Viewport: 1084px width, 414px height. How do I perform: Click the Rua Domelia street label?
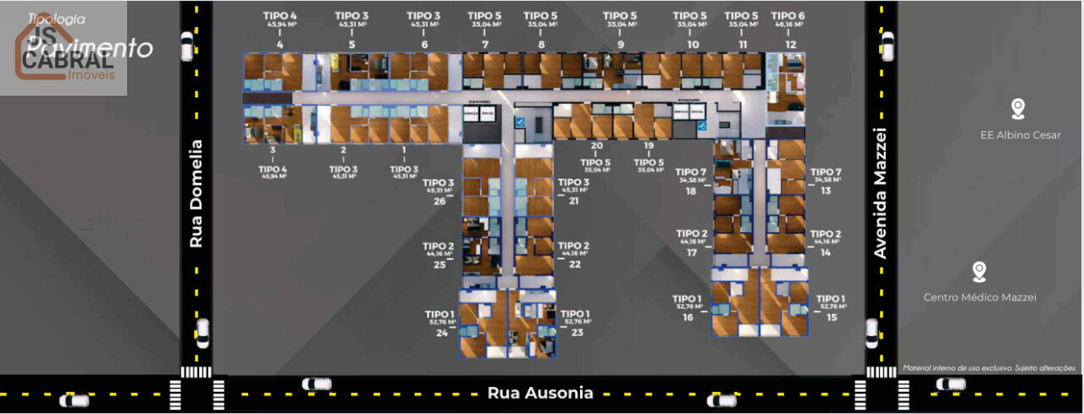pyautogui.click(x=196, y=194)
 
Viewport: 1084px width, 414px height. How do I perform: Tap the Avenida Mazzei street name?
pyautogui.click(x=880, y=193)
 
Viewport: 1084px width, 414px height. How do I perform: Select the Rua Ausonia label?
pyautogui.click(x=540, y=393)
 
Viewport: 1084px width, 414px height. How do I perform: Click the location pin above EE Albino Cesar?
pyautogui.click(x=1018, y=108)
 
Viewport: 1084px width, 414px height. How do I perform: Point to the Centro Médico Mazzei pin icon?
pyautogui.click(x=979, y=272)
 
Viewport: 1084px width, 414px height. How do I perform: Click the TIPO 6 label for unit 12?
pyautogui.click(x=788, y=16)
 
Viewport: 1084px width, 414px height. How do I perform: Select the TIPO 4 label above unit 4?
pyautogui.click(x=281, y=16)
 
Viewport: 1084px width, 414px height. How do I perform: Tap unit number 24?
pyautogui.click(x=441, y=333)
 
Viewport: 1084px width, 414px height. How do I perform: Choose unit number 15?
pyautogui.click(x=832, y=317)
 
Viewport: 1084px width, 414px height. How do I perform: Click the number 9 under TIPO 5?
pyautogui.click(x=621, y=44)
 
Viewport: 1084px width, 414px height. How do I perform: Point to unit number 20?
pyautogui.click(x=597, y=146)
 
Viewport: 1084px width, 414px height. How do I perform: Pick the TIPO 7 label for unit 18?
pyautogui.click(x=691, y=173)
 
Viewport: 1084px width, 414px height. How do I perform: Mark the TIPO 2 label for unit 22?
pyautogui.click(x=574, y=246)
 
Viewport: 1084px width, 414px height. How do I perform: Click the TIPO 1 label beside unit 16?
pyautogui.click(x=688, y=299)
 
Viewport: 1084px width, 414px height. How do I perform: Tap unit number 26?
pyautogui.click(x=439, y=201)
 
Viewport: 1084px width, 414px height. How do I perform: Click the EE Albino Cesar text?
pyautogui.click(x=1020, y=135)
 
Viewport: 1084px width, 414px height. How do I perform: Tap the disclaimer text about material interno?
pyautogui.click(x=989, y=368)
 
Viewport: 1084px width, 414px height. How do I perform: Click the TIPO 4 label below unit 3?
pyautogui.click(x=274, y=169)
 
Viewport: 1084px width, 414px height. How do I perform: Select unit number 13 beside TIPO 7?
pyautogui.click(x=825, y=190)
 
